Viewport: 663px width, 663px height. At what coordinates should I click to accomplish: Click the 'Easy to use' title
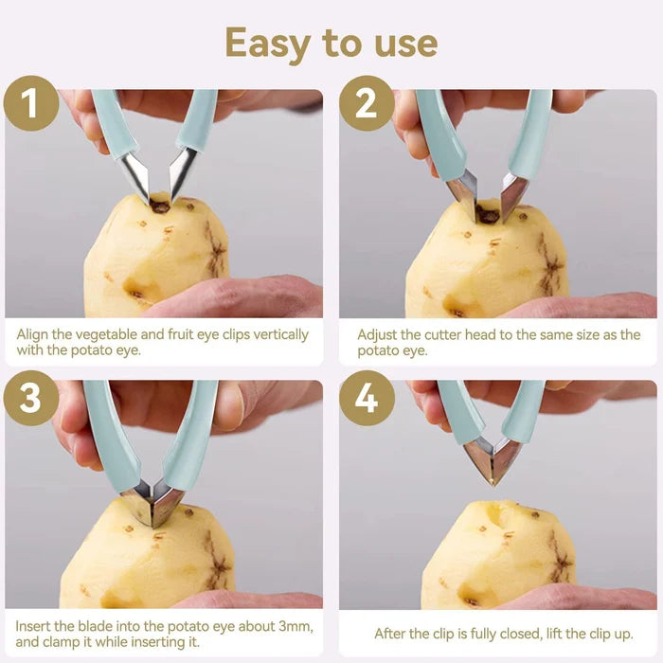pos(331,43)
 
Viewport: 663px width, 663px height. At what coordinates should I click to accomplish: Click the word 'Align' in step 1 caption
pos(34,334)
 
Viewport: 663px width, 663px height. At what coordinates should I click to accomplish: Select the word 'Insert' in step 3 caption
pos(35,628)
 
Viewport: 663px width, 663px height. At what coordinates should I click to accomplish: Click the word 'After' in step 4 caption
pos(392,634)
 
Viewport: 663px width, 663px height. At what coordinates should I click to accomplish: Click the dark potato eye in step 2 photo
pos(488,215)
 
